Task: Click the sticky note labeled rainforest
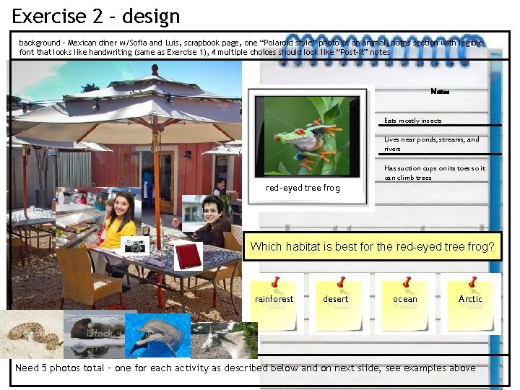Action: (x=274, y=303)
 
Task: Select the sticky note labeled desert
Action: (x=337, y=303)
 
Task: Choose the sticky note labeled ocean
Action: (x=404, y=303)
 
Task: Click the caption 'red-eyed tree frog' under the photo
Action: (x=303, y=188)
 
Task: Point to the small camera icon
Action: (x=135, y=246)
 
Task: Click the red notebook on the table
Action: (x=188, y=255)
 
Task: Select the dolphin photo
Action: (x=157, y=334)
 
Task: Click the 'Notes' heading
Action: (x=439, y=91)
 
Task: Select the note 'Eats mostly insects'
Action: (x=413, y=121)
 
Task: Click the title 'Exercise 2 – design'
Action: (x=96, y=15)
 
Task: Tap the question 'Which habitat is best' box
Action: (x=372, y=247)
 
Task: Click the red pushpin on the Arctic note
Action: (x=473, y=281)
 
